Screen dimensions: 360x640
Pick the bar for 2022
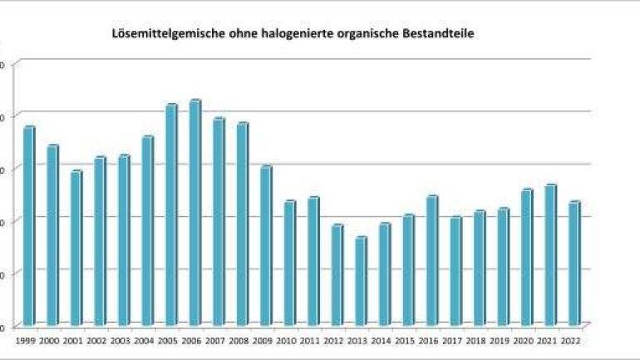(574, 263)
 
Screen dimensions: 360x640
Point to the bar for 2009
(265, 246)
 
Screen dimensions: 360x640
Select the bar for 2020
(526, 257)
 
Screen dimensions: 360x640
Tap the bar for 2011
(313, 261)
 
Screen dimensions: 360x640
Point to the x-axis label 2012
(335, 340)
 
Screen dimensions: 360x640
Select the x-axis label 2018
(477, 340)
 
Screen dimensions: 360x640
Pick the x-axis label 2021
(549, 340)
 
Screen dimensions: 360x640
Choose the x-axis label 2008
(240, 340)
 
